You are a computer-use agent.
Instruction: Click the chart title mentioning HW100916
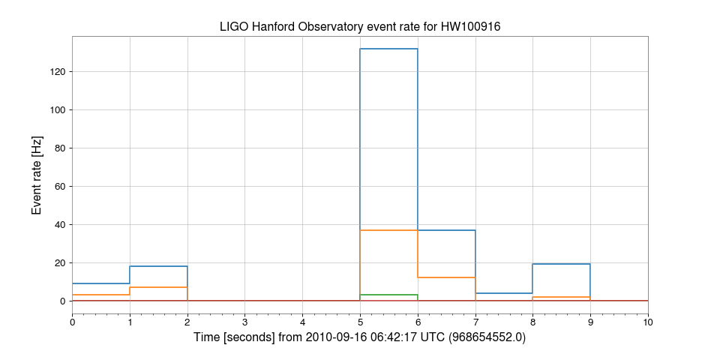pyautogui.click(x=360, y=27)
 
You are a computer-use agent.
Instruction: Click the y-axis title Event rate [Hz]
pyautogui.click(x=37, y=175)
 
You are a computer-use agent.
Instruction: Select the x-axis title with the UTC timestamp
pyautogui.click(x=360, y=337)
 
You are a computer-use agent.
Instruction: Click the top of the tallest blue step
pyautogui.click(x=388, y=49)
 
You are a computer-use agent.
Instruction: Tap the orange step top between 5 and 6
pyautogui.click(x=388, y=230)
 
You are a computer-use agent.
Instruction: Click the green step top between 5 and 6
pyautogui.click(x=388, y=295)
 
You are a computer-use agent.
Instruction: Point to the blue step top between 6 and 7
pyautogui.click(x=446, y=230)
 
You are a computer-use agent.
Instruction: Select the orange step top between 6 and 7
pyautogui.click(x=446, y=277)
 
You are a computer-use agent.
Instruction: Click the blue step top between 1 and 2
pyautogui.click(x=158, y=266)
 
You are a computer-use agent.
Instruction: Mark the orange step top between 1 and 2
pyautogui.click(x=158, y=287)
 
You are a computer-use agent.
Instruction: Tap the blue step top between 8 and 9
pyautogui.click(x=562, y=264)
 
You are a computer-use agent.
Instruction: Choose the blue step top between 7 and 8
pyautogui.click(x=504, y=293)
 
